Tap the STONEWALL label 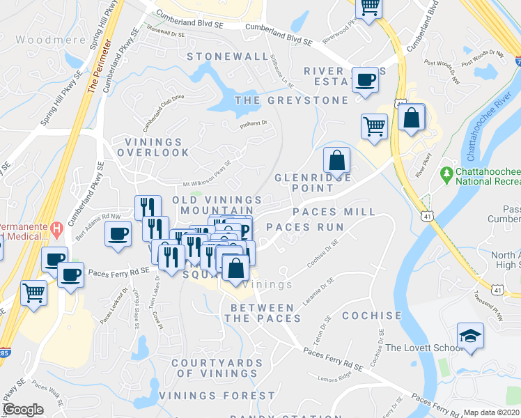227,56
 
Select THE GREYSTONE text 291,100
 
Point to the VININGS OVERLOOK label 157,146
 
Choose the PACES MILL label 334,212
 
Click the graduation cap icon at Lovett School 470,336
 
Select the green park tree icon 445,172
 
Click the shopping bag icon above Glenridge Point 337,160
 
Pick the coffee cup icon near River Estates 364,80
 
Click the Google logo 23,410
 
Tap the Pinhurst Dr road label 254,124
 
